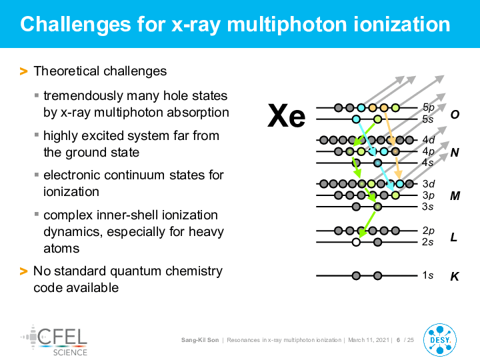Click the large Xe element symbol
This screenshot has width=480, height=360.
pos(286,116)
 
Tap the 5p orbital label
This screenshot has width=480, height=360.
pos(428,107)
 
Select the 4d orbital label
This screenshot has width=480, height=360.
pos(429,140)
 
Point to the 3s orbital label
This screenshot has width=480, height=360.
pos(427,207)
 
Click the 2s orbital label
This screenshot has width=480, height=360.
pos(427,242)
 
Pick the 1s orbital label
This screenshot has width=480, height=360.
pos(427,275)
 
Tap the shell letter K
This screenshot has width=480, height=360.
pos(454,277)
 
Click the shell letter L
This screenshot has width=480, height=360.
pos(454,237)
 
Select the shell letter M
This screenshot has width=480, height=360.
pos(455,195)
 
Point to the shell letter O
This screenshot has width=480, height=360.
pos(455,115)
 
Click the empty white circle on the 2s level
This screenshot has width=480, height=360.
pos(356,242)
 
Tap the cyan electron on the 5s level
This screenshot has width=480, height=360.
pos(356,119)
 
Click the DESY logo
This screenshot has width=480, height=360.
pos(440,340)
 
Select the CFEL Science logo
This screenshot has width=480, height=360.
pos(54,341)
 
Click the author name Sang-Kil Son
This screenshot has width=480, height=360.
pos(200,340)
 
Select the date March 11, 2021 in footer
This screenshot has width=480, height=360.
pos(369,340)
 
